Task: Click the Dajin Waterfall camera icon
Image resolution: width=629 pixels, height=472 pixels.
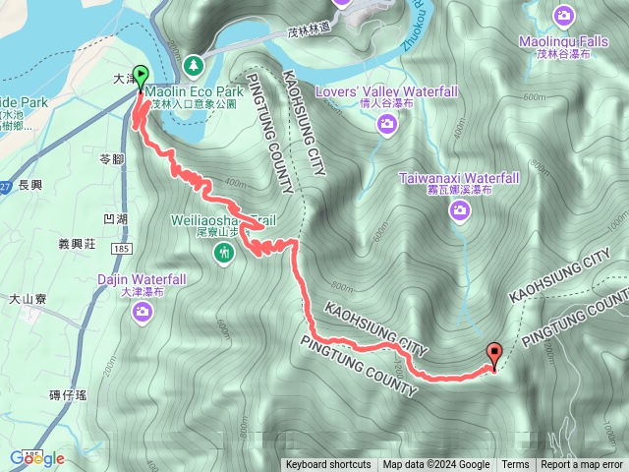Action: point(143,313)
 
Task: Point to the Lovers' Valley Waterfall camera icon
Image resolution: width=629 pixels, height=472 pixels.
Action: point(387,124)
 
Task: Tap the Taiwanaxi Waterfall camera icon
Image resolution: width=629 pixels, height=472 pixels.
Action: point(458,209)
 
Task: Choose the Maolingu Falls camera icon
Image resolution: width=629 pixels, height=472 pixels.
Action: point(563,16)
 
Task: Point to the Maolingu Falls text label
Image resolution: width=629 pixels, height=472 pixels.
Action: point(564,43)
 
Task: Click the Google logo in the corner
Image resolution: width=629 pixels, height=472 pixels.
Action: point(36,458)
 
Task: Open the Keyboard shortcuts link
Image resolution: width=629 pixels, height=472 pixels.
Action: point(328,465)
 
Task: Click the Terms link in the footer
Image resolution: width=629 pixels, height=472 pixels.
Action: point(515,465)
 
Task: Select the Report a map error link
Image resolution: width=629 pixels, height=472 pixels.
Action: point(582,465)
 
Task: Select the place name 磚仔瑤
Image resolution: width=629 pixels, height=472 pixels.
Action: point(68,394)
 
